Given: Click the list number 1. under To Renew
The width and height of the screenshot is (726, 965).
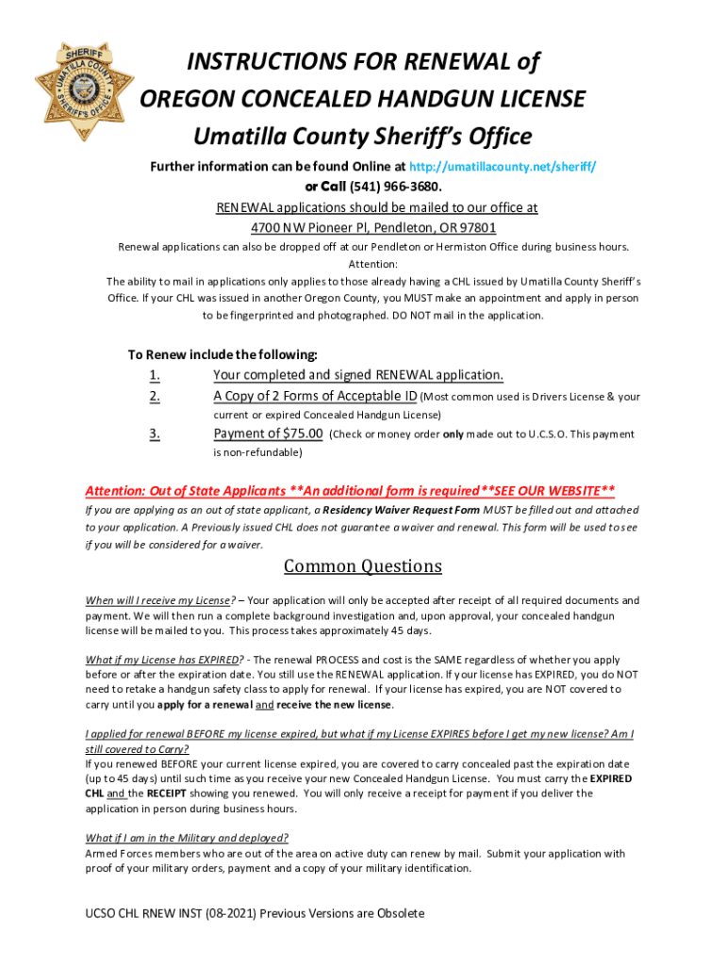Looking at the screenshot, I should pyautogui.click(x=154, y=375).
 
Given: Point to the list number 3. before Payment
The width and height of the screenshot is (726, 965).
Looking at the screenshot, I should pyautogui.click(x=154, y=433).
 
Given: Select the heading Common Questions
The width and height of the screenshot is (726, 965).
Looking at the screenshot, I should pyautogui.click(x=363, y=566).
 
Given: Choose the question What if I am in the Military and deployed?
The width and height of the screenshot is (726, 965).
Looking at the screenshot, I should pyautogui.click(x=187, y=838).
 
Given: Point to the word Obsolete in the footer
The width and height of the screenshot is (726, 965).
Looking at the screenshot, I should pyautogui.click(x=395, y=913).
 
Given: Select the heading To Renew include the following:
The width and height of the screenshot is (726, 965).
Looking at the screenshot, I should pyautogui.click(x=223, y=355).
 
